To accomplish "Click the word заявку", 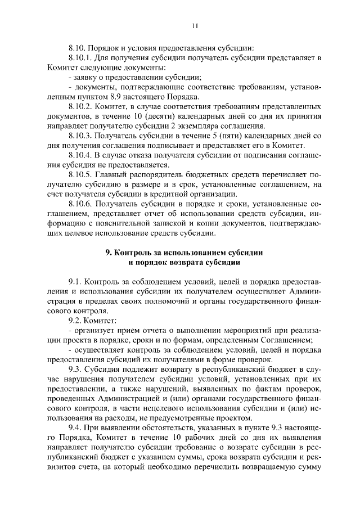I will [x=85, y=76].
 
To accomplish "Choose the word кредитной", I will [x=174, y=194].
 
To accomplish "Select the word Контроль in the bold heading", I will [x=138, y=254].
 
